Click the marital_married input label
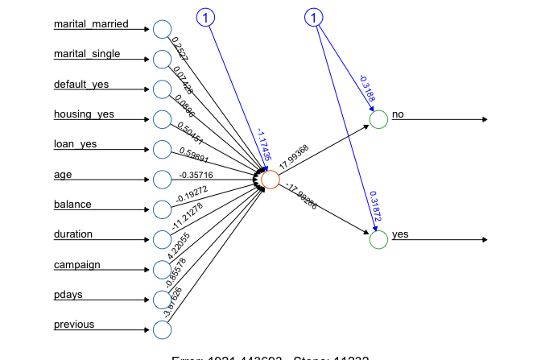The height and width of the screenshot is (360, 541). [x=90, y=24]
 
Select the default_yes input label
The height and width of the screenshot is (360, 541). [x=81, y=85]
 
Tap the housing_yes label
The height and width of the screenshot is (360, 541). [x=84, y=114]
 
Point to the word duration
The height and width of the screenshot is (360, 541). [x=73, y=234]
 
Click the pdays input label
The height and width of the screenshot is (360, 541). [x=70, y=295]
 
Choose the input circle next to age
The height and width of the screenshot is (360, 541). [x=162, y=179]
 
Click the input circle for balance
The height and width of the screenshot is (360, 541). [x=162, y=209]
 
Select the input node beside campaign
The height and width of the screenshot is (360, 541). [x=162, y=269]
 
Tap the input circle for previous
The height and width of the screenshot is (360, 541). [x=162, y=329]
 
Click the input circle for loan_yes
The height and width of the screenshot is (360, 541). [x=162, y=149]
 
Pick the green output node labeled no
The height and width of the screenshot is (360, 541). [x=378, y=119]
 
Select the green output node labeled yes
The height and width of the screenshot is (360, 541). [x=378, y=239]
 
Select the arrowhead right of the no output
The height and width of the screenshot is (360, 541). [x=484, y=119]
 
